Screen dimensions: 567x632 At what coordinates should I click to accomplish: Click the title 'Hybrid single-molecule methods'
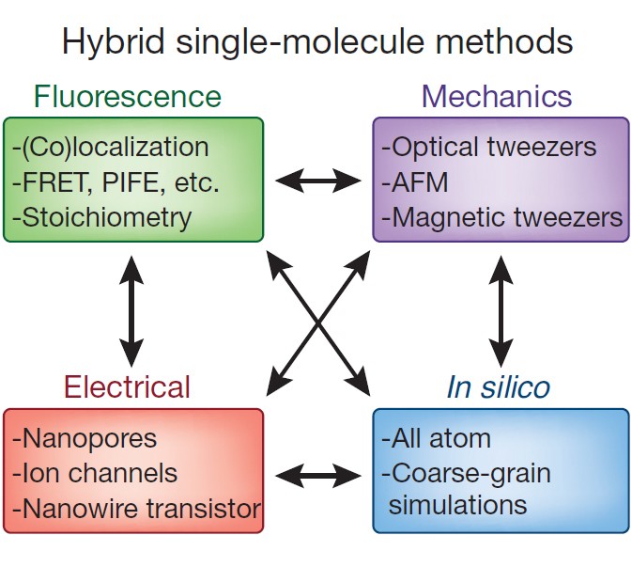point(316,42)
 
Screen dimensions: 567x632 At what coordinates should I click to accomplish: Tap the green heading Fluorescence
point(128,96)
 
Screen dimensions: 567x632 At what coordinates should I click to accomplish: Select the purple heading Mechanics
point(497,96)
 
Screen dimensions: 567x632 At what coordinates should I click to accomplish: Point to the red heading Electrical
point(127,386)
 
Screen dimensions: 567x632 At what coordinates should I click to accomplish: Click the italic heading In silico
point(500,386)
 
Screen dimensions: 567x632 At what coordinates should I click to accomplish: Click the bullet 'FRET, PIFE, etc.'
point(116,181)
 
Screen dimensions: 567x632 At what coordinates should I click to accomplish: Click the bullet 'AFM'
point(409,181)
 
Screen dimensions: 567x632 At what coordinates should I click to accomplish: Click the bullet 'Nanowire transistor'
point(136,509)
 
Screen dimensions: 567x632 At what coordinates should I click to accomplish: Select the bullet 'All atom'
point(436,438)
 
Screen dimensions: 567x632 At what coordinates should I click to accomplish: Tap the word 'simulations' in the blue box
point(457,504)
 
